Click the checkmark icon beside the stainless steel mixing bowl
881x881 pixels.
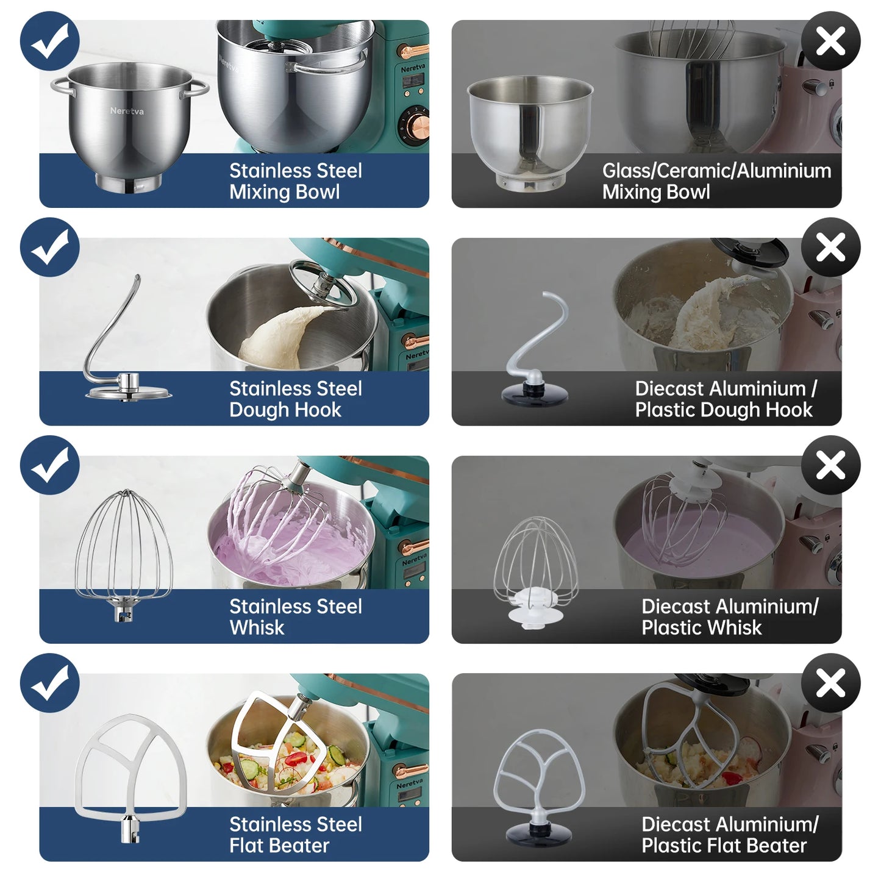click(x=50, y=41)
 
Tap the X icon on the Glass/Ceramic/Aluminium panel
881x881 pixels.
click(x=830, y=41)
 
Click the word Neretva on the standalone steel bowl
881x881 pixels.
click(x=127, y=110)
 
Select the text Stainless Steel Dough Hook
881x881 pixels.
click(x=295, y=399)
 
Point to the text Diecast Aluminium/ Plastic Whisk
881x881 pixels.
click(x=730, y=617)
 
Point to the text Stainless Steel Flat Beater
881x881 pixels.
click(x=295, y=835)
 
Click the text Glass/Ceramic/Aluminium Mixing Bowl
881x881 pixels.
click(x=716, y=181)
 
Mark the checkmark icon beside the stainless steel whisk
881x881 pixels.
click(x=50, y=465)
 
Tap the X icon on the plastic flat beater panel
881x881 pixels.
click(x=830, y=683)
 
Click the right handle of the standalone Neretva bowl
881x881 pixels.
click(x=196, y=88)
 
